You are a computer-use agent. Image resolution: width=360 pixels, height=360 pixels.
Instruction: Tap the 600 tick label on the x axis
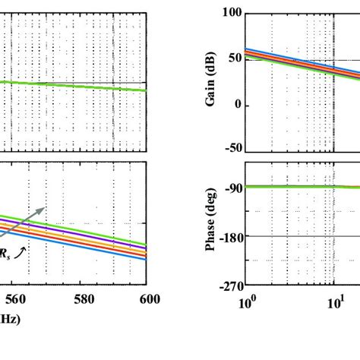tap(149, 299)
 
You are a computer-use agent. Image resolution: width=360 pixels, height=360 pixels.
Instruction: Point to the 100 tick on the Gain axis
tap(231, 13)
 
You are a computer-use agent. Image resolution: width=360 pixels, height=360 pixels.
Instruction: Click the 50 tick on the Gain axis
tap(234, 58)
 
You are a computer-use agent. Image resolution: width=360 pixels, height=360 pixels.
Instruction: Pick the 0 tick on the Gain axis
tap(237, 105)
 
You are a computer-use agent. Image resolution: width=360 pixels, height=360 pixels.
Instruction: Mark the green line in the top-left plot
tap(76, 84)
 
